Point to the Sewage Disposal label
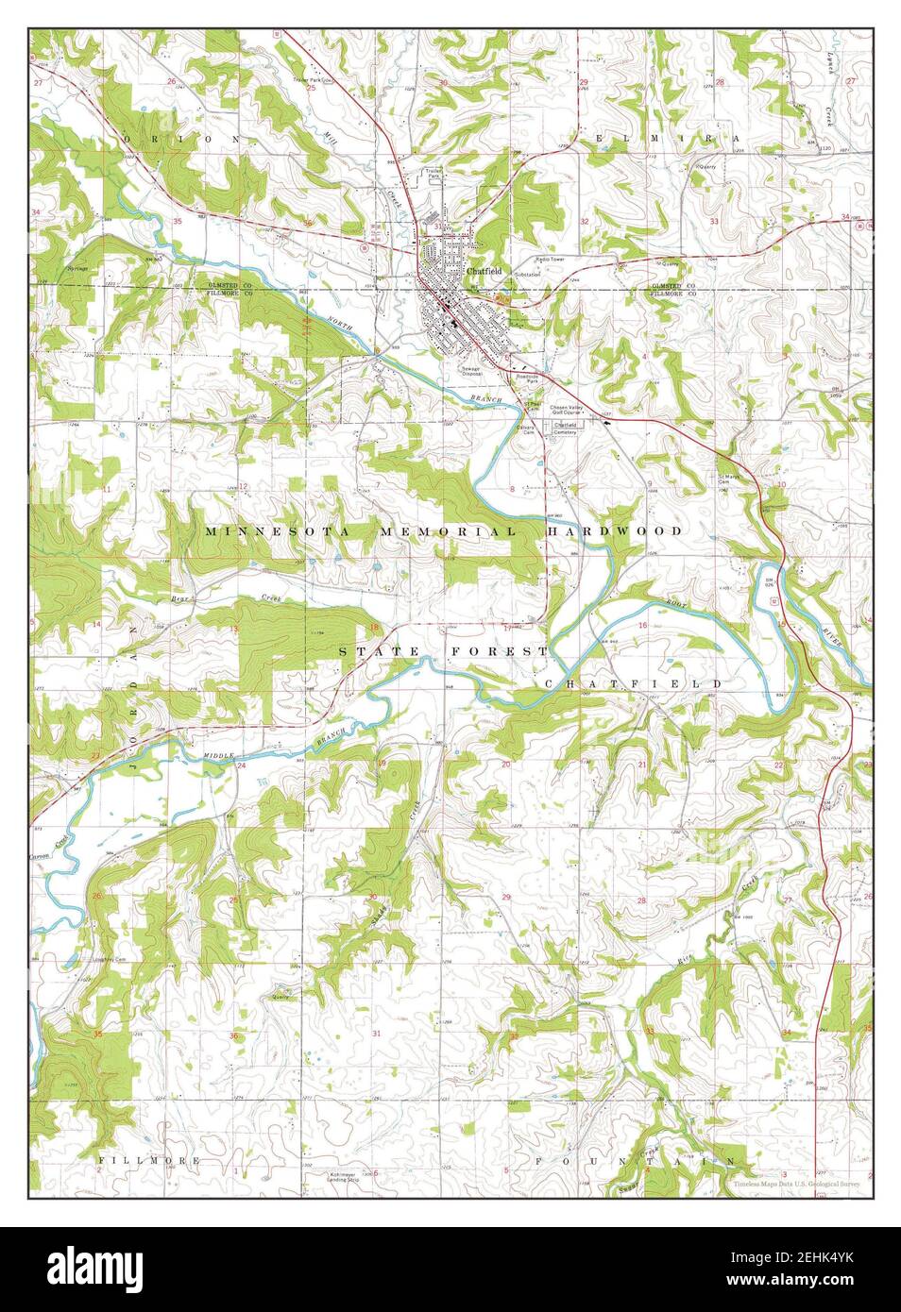(471, 371)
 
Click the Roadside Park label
(526, 378)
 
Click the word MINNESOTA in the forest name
(265, 532)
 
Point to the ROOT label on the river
(675, 613)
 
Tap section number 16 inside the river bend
(642, 626)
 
